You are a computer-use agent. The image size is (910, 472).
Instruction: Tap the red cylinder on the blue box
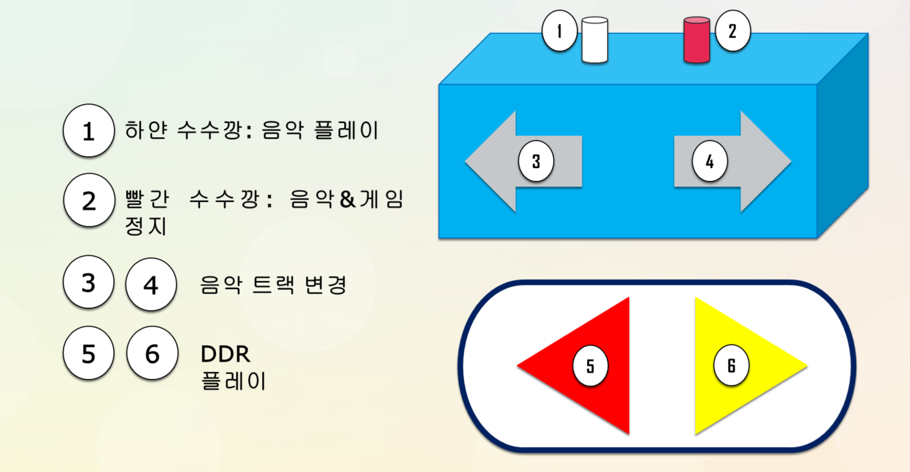tap(697, 40)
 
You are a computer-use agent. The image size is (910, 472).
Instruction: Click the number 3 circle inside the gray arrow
tap(536, 162)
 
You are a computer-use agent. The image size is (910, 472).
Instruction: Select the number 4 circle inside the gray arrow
tap(709, 162)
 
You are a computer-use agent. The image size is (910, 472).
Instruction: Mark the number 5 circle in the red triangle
tap(590, 366)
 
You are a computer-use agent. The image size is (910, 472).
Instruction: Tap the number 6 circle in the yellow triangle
tap(731, 366)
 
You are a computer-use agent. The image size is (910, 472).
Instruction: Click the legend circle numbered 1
tap(88, 131)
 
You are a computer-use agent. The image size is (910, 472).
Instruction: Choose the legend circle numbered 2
tap(88, 200)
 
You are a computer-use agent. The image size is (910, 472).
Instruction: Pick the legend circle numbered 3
tap(88, 283)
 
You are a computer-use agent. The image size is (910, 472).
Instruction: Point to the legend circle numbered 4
tap(151, 284)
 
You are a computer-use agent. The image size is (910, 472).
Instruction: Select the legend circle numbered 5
tap(88, 353)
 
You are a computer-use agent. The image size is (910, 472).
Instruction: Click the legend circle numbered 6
tap(152, 353)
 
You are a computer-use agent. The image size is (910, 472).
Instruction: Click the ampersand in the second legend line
tap(347, 200)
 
